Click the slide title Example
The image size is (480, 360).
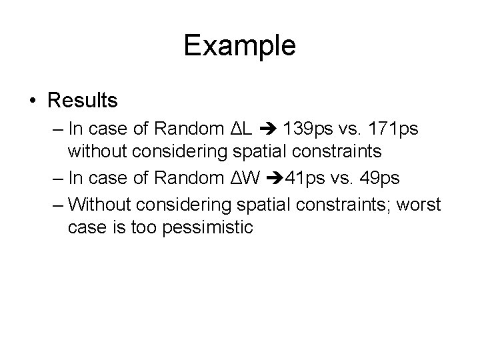click(x=239, y=46)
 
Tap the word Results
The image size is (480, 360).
click(x=83, y=101)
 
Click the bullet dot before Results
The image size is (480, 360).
click(x=33, y=101)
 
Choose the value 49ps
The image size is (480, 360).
click(x=364, y=178)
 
